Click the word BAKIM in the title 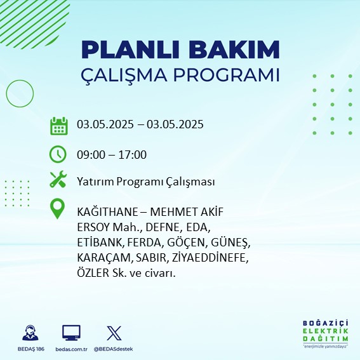coord(234,50)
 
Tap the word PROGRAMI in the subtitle coord(226,75)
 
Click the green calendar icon coord(59,126)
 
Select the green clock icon coord(58,154)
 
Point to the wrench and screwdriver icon coord(58,179)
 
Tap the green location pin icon coord(57,208)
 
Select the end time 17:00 coord(133,155)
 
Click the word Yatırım coord(95,182)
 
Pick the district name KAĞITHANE coord(107,211)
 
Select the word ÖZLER coord(93,273)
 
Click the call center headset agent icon coord(30,333)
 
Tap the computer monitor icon coord(71,333)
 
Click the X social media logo coord(114,333)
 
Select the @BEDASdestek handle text coord(113,349)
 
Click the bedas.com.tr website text coord(71,349)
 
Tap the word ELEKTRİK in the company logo coord(325,331)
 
